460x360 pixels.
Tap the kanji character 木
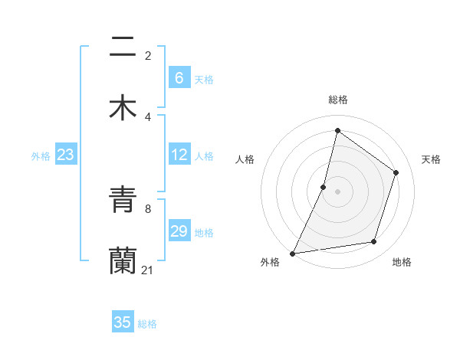pos(123,108)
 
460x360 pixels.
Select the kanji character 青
pos(123,201)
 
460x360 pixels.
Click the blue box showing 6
pos(179,78)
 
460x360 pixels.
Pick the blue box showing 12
pos(179,155)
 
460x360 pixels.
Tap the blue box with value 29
pos(179,231)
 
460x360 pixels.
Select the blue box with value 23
pos(65,155)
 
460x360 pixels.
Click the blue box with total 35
pos(123,322)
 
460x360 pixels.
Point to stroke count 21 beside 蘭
pos(148,270)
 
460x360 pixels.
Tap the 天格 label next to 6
pos(204,80)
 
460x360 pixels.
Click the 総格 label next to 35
pos(147,324)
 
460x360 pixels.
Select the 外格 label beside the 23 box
pos(41,156)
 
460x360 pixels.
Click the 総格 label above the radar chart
pos(338,100)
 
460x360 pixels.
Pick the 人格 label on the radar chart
pos(245,159)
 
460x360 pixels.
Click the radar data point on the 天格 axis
pos(396,172)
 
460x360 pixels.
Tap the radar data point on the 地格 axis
pos(374,242)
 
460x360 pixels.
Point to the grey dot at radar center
pos(338,191)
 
